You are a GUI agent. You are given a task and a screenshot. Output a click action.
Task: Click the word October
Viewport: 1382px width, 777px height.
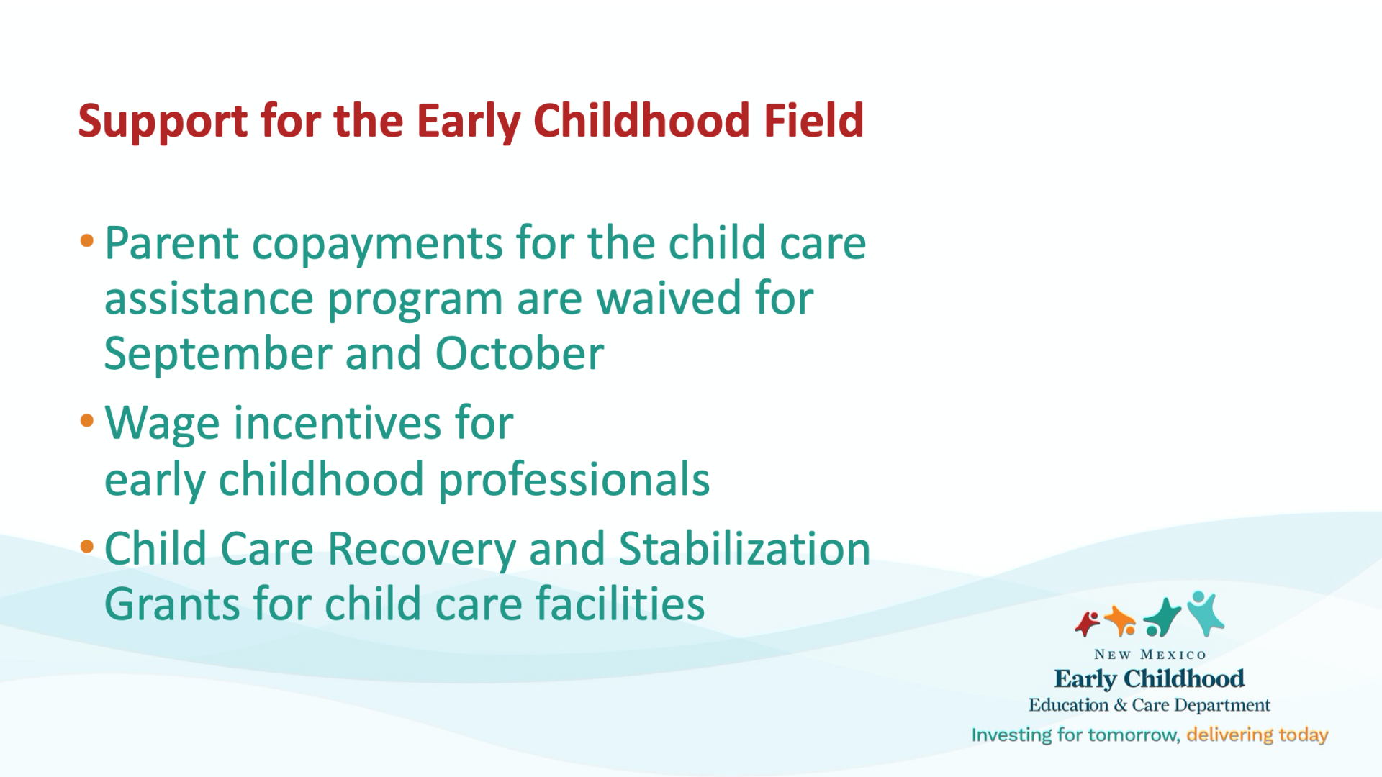point(519,353)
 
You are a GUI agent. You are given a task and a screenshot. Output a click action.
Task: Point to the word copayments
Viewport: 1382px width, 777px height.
point(377,245)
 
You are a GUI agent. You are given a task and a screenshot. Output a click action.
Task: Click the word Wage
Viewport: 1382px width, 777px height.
point(162,424)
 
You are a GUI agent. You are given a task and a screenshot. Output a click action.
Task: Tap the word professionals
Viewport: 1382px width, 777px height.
point(574,481)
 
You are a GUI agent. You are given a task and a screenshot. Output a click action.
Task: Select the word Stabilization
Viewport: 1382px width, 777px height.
point(744,549)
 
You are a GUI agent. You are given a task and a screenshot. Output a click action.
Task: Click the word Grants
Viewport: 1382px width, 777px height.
point(172,604)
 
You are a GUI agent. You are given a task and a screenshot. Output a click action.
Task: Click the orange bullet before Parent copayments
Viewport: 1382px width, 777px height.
point(87,241)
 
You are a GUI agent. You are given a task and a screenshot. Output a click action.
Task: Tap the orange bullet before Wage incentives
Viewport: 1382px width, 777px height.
point(87,420)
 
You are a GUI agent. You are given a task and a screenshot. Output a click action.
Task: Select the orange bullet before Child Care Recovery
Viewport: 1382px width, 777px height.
point(87,547)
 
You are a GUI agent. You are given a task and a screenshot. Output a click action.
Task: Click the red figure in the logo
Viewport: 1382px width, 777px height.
point(1087,623)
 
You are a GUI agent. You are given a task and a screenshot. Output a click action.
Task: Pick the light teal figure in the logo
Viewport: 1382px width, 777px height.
point(1205,613)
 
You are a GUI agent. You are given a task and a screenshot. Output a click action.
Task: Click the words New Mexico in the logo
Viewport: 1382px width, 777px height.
point(1150,655)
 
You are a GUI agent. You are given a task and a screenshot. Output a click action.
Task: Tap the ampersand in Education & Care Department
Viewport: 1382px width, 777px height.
point(1120,705)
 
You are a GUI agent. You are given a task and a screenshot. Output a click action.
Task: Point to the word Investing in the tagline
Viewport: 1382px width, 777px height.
point(1011,735)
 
